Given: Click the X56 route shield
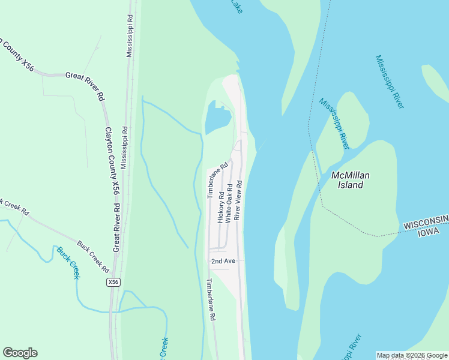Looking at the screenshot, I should click(x=113, y=282).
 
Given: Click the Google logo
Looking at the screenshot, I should click(x=20, y=353).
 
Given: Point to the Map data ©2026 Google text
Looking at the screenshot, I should click(x=412, y=355).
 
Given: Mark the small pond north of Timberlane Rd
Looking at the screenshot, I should click(x=217, y=118).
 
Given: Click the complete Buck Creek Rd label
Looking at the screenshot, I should click(x=92, y=254).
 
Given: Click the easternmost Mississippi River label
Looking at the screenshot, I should click(x=390, y=82).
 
